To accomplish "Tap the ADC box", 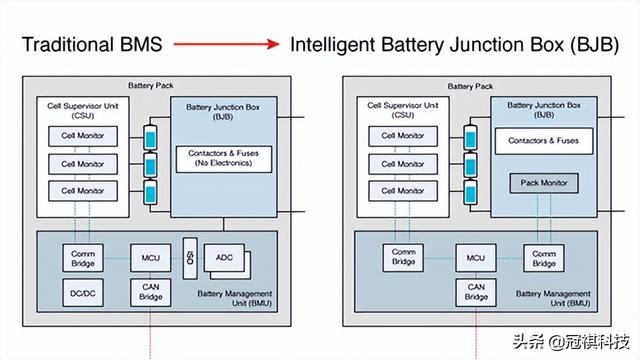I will click(223, 258).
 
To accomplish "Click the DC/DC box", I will click(83, 292).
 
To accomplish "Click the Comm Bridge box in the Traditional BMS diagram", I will click(83, 257).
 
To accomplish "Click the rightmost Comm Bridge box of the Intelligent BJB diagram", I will click(544, 257).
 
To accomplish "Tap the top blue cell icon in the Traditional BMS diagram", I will click(151, 135).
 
